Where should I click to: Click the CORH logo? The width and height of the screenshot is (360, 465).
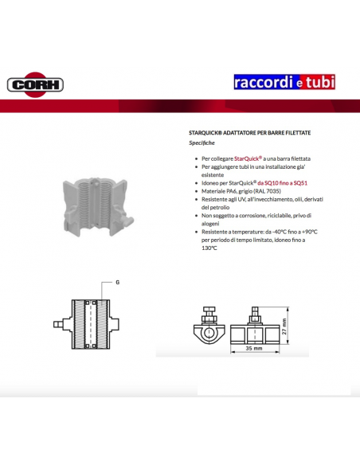point(35,84)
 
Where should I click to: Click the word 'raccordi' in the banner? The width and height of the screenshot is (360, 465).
point(264,82)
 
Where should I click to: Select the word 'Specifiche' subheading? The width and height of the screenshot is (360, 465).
point(202,143)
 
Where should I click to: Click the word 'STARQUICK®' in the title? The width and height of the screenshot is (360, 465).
point(208,134)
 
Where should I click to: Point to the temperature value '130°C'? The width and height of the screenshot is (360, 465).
point(209,248)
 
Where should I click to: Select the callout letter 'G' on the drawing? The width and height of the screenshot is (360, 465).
point(116,282)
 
